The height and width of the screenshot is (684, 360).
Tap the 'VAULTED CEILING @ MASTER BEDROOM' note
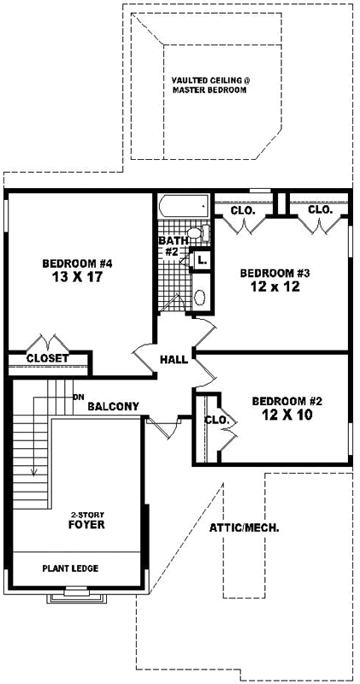210,84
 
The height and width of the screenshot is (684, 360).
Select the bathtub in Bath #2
183,207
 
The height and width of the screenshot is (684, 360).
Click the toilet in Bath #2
196,233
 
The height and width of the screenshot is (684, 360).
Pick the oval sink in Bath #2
201,297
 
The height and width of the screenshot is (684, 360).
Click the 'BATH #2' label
169,246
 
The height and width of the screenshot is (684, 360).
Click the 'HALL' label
174,360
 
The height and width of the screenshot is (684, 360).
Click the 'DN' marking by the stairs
79,396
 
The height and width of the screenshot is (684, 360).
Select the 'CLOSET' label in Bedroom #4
47,358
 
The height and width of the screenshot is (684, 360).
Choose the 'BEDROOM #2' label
286,401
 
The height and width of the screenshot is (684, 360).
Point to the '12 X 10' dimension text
286,416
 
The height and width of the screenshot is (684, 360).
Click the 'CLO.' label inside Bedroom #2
216,420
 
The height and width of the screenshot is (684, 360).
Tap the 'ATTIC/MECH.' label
245,528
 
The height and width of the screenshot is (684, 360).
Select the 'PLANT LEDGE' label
71,568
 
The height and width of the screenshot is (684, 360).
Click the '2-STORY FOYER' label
86,520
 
